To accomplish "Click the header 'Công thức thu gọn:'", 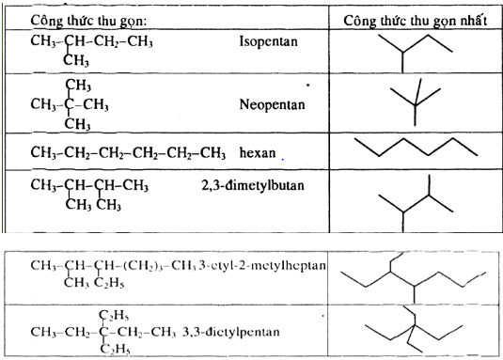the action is [x=84, y=20].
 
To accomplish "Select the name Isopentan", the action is [x=267, y=43].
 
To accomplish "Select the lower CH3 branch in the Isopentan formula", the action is [x=75, y=61].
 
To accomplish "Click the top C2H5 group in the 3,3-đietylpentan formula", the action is [x=117, y=314].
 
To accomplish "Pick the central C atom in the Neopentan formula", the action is [x=70, y=103].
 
